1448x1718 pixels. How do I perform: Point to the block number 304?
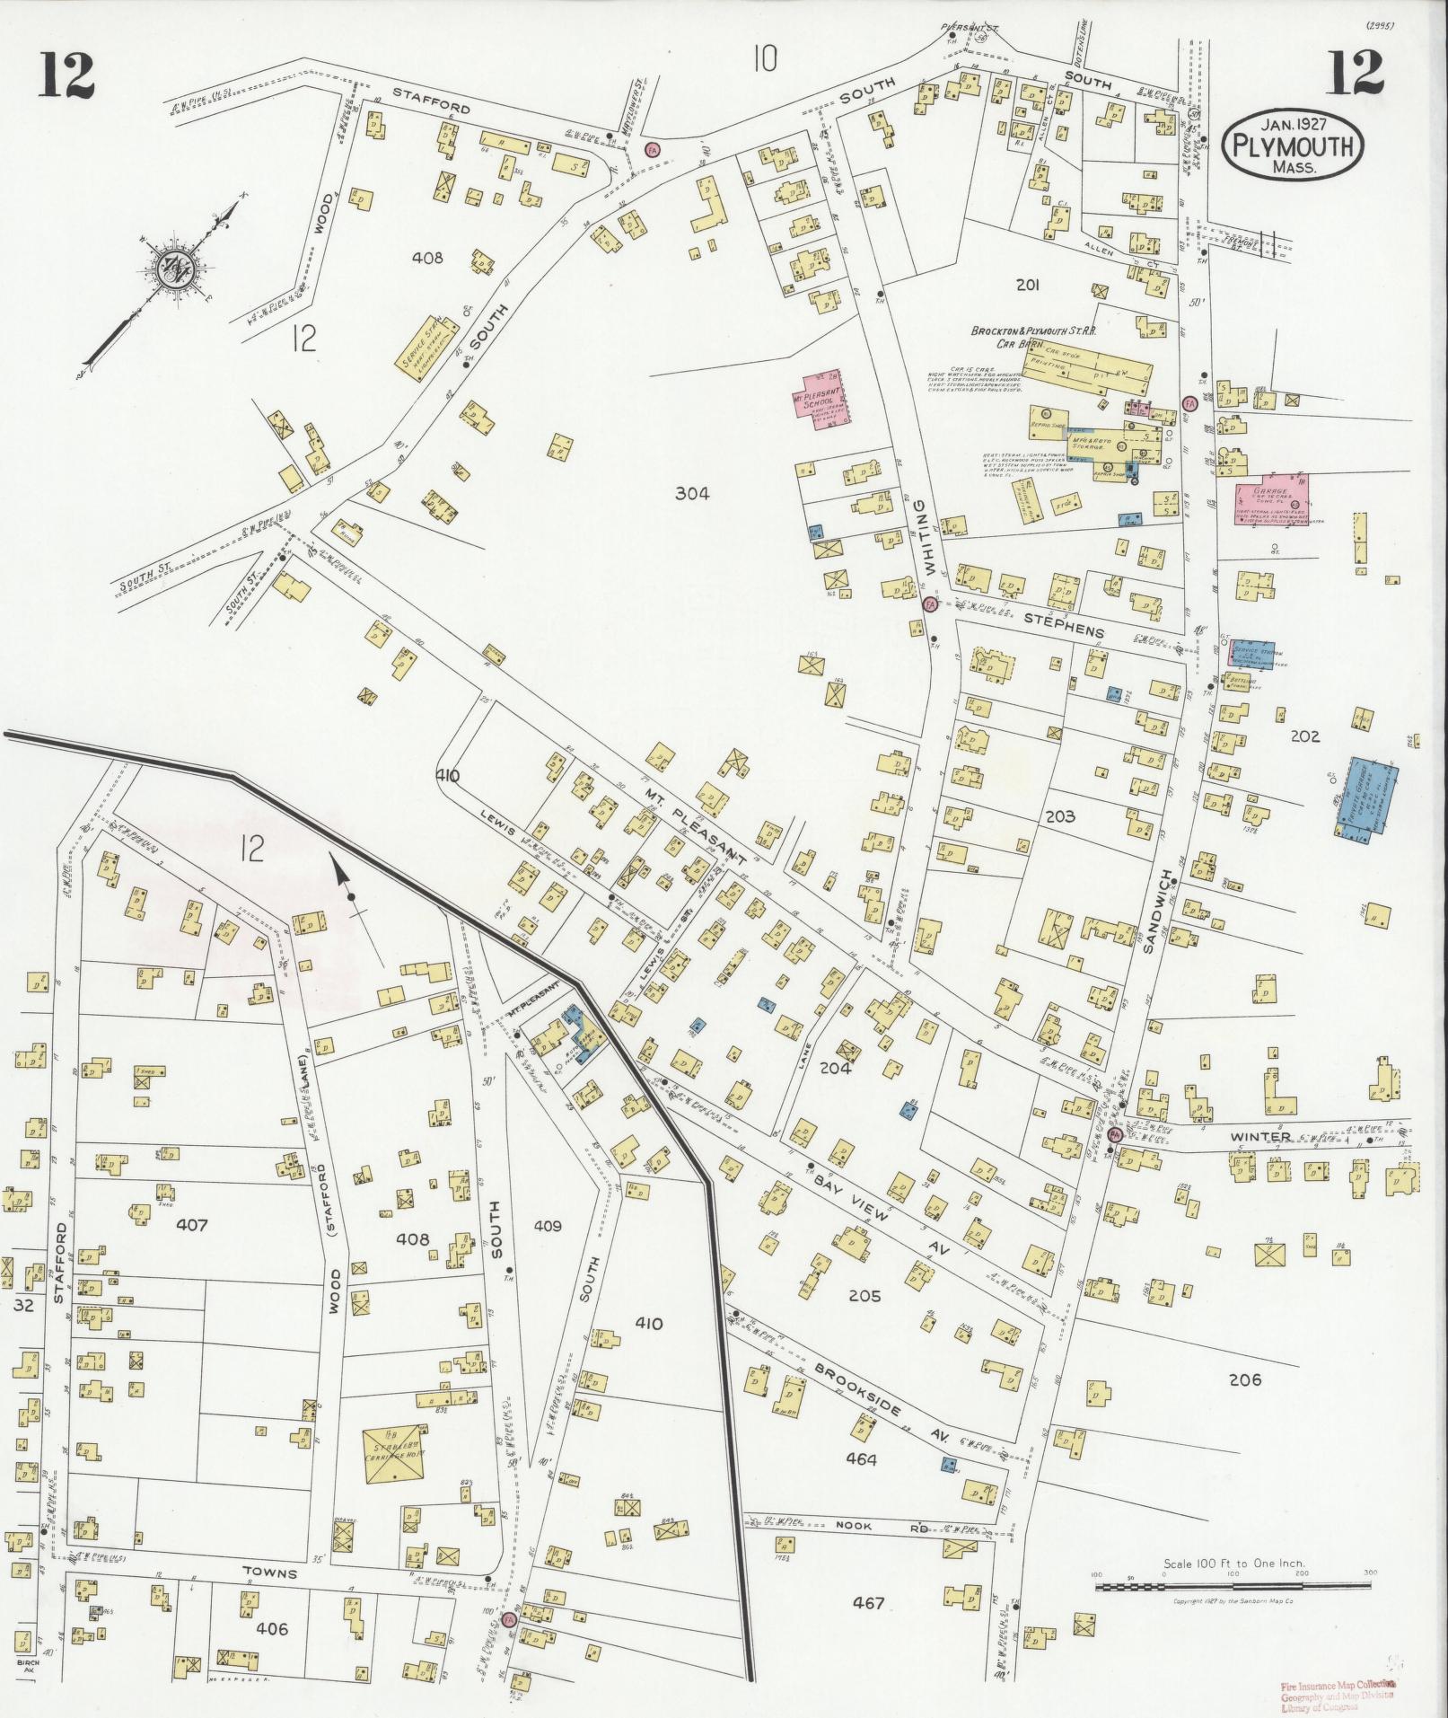(692, 493)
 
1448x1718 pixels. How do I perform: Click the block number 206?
(1244, 1379)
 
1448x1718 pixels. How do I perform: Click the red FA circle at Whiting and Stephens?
(929, 605)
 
